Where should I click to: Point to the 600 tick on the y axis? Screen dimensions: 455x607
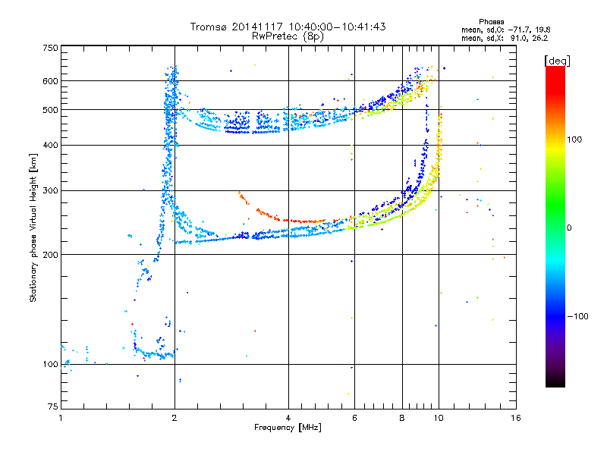tap(50, 80)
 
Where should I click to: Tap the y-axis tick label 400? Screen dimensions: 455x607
tap(50, 145)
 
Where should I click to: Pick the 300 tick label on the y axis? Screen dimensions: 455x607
tap(50, 190)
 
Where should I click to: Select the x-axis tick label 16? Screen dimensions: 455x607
tap(515, 418)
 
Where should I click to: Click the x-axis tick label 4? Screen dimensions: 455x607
tap(288, 418)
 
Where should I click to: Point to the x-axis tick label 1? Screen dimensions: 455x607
tap(61, 418)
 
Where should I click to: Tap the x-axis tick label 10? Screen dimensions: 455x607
tap(438, 418)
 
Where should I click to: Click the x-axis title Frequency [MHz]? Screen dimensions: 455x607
tap(288, 428)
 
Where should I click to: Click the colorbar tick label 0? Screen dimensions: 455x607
tap(571, 227)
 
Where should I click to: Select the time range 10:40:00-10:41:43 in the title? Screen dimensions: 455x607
tap(332, 27)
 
